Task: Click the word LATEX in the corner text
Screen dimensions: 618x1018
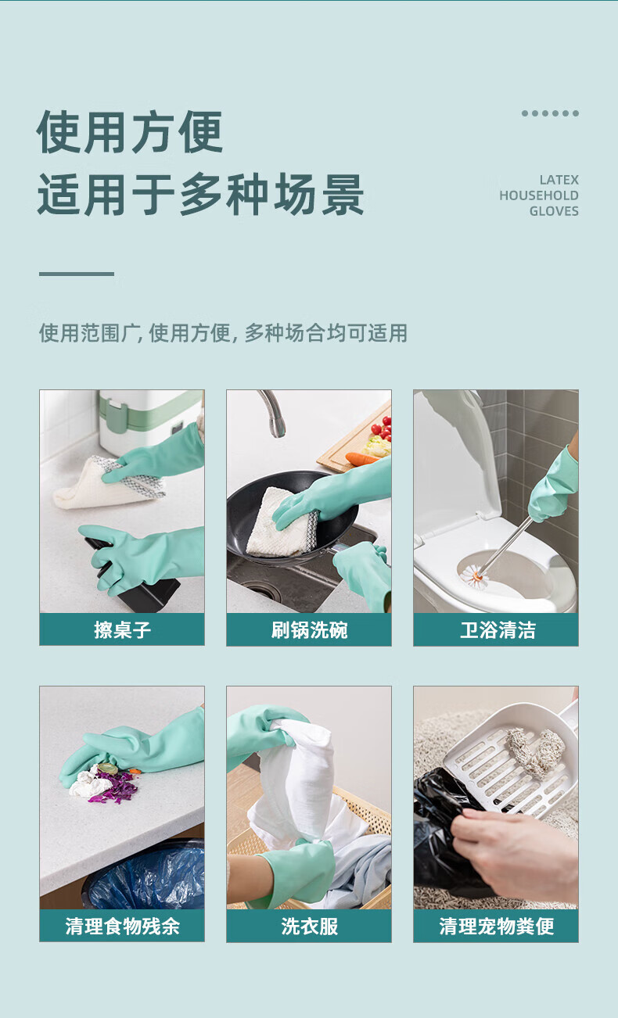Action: [559, 180]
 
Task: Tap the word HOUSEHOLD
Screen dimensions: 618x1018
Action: [539, 195]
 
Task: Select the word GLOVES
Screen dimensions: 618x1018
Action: [554, 211]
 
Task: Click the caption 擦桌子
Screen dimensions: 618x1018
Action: [122, 630]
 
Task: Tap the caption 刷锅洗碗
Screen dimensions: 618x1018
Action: [309, 630]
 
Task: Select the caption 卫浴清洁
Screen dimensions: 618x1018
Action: [498, 630]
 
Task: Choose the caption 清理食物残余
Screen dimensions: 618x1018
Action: [122, 926]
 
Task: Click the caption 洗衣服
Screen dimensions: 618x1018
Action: [309, 926]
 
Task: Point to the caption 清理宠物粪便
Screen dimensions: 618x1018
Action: [497, 926]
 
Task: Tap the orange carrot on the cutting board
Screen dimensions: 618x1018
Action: [361, 458]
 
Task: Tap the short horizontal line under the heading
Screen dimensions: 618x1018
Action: [77, 274]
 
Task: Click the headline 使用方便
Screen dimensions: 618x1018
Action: [130, 132]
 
